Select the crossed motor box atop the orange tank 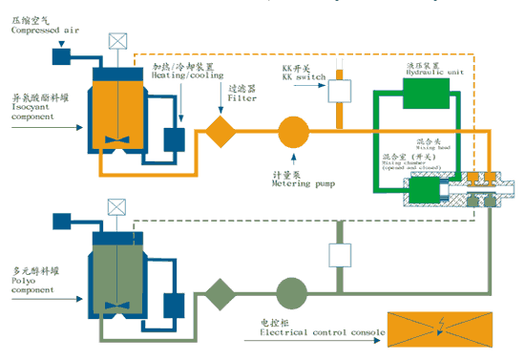click(x=116, y=42)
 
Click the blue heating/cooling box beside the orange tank click(x=175, y=138)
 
